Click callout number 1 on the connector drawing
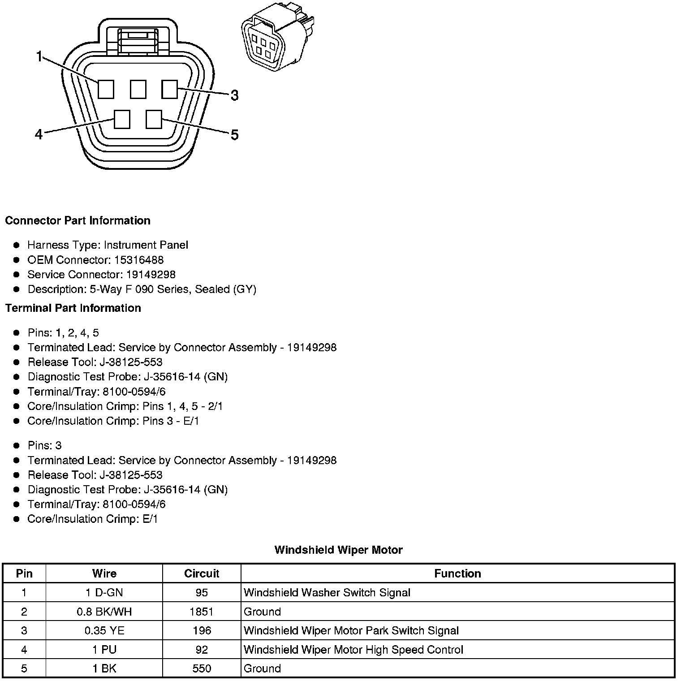click(39, 57)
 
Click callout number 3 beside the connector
click(234, 95)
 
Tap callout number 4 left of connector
click(39, 134)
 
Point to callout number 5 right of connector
click(234, 135)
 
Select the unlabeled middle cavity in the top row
click(138, 89)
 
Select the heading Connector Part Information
click(78, 220)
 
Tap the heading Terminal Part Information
click(73, 308)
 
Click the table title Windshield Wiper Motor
click(338, 550)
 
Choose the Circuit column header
click(202, 573)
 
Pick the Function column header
click(457, 573)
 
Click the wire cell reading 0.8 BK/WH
click(104, 612)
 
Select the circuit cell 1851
click(202, 612)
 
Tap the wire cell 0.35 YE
click(104, 631)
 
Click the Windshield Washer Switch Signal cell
click(327, 593)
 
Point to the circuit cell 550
click(202, 668)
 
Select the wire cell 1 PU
click(104, 650)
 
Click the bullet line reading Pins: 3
click(44, 445)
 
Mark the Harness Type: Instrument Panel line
click(108, 245)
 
